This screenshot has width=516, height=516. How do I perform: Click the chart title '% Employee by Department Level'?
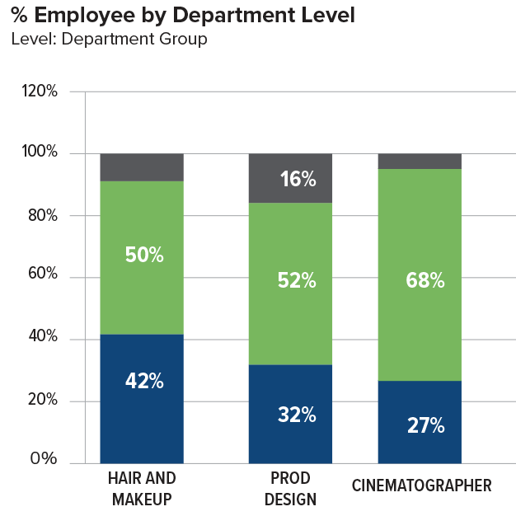pos(183,16)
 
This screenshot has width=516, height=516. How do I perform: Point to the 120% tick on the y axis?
pos(40,91)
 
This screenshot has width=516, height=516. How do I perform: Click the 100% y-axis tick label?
pos(40,153)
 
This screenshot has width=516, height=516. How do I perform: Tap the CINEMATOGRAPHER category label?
pos(421,486)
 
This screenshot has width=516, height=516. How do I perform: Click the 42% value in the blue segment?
pos(144,382)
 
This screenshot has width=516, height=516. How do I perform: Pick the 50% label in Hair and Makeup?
pos(144,255)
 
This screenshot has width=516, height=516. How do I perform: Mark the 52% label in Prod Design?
pos(297,281)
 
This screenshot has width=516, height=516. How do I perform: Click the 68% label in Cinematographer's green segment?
pos(425,281)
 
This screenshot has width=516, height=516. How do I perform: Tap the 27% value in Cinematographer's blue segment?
pos(425,426)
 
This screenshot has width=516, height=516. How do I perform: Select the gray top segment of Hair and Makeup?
pos(142,167)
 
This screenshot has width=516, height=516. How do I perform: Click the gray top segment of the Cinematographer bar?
pos(420,161)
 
